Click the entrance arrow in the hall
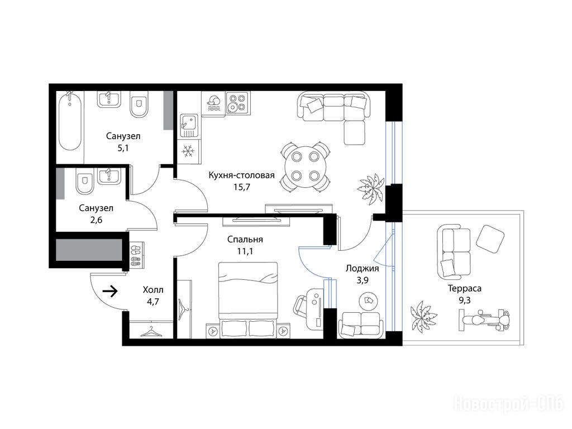[x=110, y=291]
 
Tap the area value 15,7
[x=241, y=187]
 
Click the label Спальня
[x=245, y=239]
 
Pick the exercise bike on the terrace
[x=484, y=320]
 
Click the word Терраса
[x=464, y=288]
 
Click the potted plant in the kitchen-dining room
[x=371, y=188]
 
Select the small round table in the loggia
[x=368, y=301]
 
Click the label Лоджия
[x=362, y=268]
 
